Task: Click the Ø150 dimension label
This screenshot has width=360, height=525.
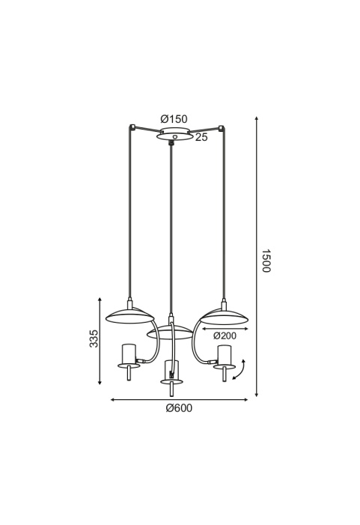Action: [174, 119]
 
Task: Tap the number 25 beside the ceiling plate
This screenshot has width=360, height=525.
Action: [201, 137]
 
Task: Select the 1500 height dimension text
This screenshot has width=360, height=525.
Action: [266, 261]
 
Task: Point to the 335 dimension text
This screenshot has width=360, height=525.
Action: [94, 339]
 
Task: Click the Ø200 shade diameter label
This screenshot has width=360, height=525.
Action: [225, 336]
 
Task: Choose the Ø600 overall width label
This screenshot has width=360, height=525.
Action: [180, 408]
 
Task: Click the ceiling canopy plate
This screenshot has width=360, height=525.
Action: [174, 134]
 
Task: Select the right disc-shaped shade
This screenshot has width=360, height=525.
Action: [224, 317]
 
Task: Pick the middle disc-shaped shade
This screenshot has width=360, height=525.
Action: [170, 333]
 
